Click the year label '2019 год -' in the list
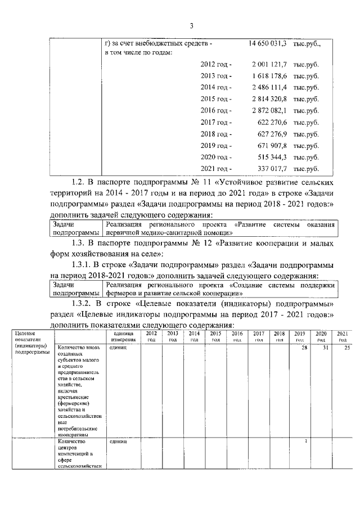tap(216, 146)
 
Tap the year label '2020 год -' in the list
tap(216, 157)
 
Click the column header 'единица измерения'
tap(123, 337)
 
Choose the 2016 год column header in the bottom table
tap(237, 337)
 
